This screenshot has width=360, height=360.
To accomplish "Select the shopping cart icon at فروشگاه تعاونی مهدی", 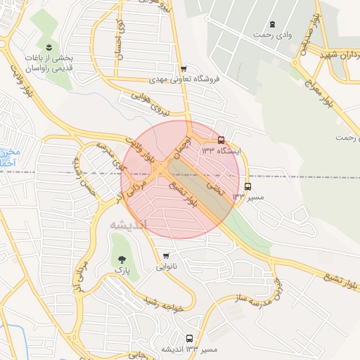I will (184, 69).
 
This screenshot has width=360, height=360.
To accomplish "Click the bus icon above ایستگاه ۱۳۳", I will (221, 140).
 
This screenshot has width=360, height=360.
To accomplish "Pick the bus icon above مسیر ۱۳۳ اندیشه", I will (188, 338).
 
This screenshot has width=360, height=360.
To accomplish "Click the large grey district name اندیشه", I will (129, 225).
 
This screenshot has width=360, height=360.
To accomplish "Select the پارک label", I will (123, 270).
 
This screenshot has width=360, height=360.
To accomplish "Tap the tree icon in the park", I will (124, 259).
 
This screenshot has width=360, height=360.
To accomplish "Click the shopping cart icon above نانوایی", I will (165, 256).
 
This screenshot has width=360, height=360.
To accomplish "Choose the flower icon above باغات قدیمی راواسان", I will (49, 47).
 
